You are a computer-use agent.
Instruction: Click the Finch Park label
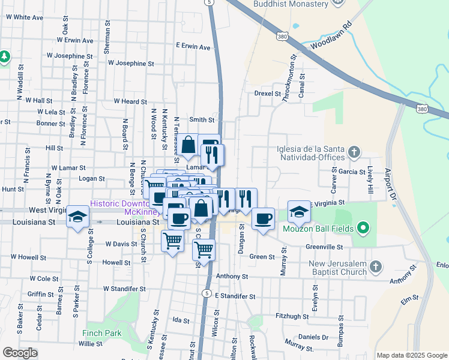pos(102,334)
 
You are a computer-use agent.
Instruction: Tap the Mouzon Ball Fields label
pos(316,228)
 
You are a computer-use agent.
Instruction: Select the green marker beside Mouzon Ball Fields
pos(362,228)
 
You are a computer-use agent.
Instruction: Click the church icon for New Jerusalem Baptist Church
pos(376,266)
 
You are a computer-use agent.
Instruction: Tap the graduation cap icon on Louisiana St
pos(77,217)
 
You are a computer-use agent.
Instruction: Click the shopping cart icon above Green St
pos(204,248)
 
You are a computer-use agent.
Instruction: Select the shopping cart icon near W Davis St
pos(172,241)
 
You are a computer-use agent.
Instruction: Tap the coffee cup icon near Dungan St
pos(262,218)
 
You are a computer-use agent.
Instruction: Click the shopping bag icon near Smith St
pos(188,145)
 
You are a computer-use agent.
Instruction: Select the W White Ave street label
pos(25,17)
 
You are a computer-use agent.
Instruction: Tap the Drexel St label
pos(267,94)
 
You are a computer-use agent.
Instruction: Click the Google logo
pos(20,353)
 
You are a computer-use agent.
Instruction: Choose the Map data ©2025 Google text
pos(411,355)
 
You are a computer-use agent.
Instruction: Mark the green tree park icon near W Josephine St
pos(5,56)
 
